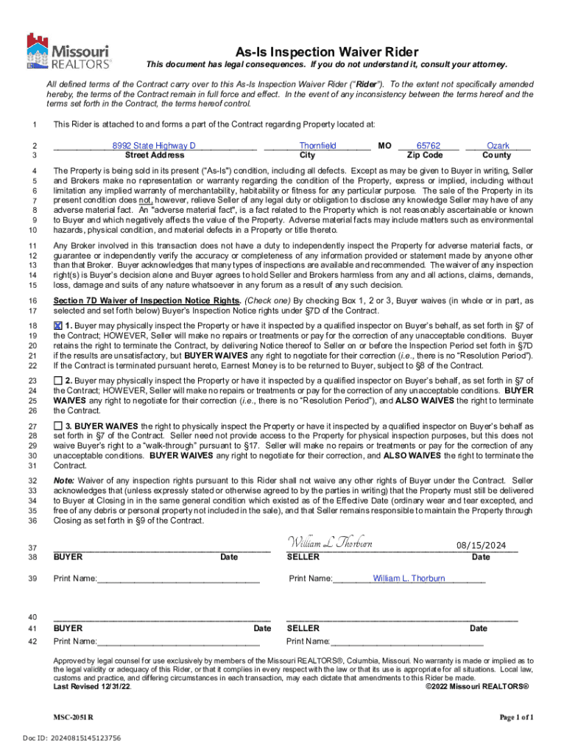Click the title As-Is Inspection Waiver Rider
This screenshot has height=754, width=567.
pyautogui.click(x=327, y=52)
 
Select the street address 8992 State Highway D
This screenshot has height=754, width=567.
pyautogui.click(x=154, y=146)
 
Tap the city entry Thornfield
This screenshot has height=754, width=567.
pyautogui.click(x=317, y=146)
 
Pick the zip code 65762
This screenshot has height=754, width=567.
pyautogui.click(x=428, y=146)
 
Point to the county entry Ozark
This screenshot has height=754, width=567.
pyautogui.click(x=499, y=146)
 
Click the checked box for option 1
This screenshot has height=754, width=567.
pyautogui.click(x=58, y=325)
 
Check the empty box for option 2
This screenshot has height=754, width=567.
pyautogui.click(x=58, y=379)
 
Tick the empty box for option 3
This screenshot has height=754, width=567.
pyautogui.click(x=58, y=426)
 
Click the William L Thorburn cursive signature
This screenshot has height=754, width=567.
pyautogui.click(x=329, y=543)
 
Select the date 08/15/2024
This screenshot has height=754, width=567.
pyautogui.click(x=481, y=545)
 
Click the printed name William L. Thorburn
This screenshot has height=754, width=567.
pyautogui.click(x=409, y=579)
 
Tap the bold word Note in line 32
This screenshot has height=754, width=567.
pyautogui.click(x=64, y=480)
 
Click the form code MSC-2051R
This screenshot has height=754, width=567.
pyautogui.click(x=73, y=716)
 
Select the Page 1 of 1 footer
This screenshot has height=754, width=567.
pyautogui.click(x=516, y=716)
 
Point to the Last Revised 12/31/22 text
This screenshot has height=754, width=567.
pyautogui.click(x=93, y=686)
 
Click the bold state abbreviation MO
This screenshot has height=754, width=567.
pyautogui.click(x=384, y=146)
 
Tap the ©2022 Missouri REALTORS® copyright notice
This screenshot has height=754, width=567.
pyautogui.click(x=477, y=686)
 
